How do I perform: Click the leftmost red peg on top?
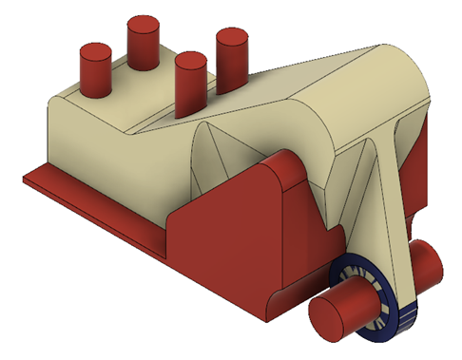click(x=95, y=68)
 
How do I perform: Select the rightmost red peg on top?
click(x=231, y=57)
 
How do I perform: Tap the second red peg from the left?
click(x=144, y=43)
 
